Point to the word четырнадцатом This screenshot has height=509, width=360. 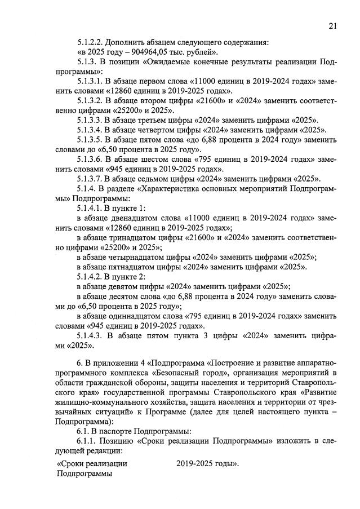tap(148, 256)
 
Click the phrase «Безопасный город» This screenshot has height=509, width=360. tap(192, 373)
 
